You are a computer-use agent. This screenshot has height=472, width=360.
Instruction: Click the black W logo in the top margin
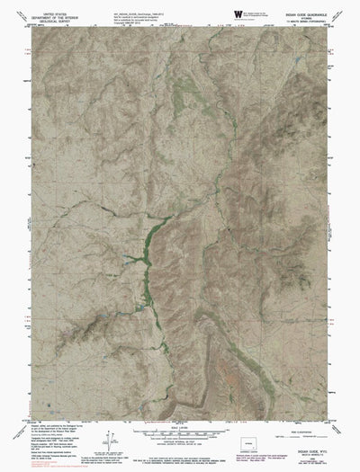click(238, 14)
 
